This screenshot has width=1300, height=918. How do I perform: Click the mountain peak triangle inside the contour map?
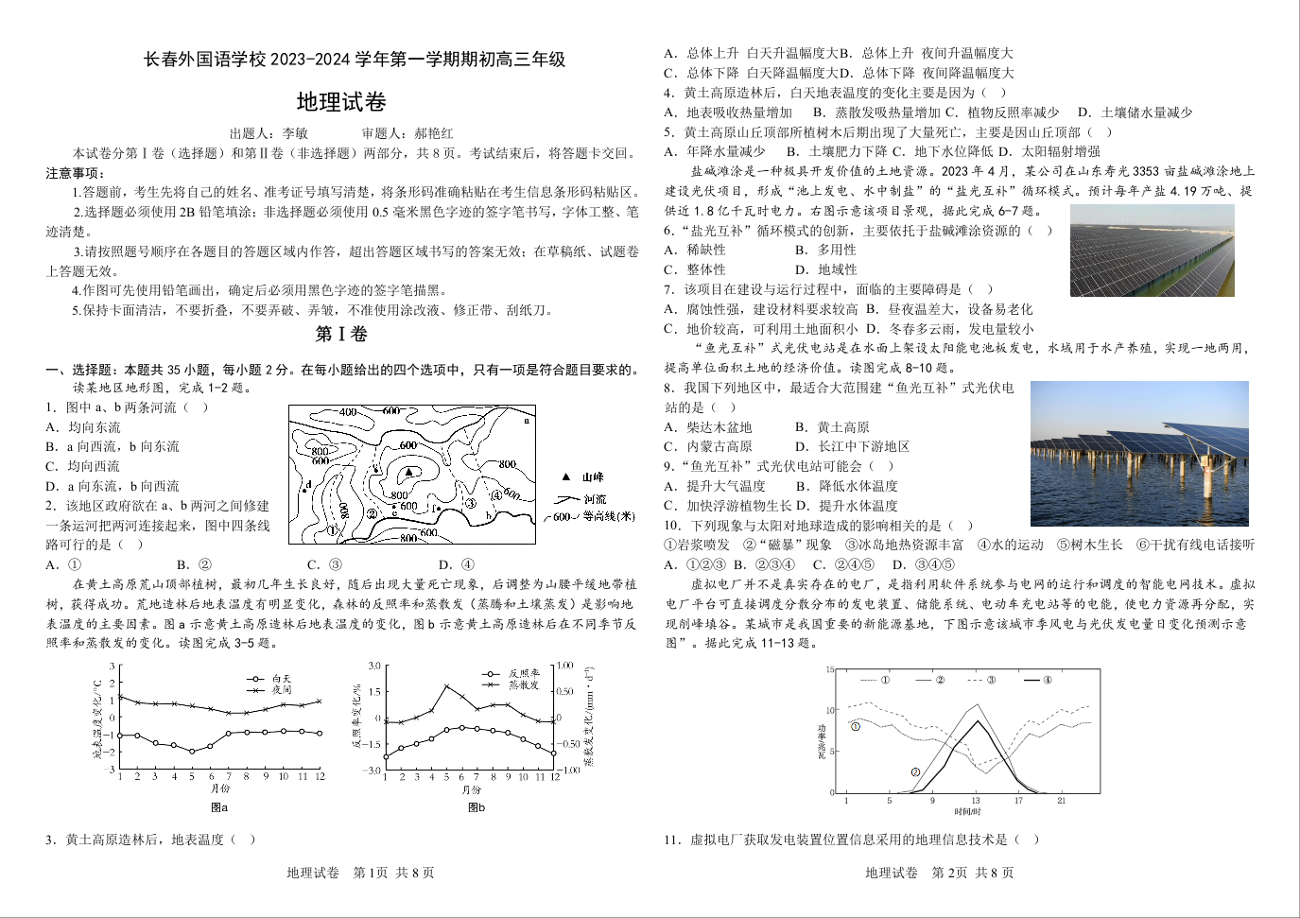409,471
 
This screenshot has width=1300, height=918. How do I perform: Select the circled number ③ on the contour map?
469,503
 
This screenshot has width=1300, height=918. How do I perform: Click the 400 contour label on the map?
347,412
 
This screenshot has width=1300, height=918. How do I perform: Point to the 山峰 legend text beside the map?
593,477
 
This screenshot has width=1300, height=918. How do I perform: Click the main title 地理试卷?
341,102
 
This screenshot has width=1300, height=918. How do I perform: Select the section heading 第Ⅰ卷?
341,334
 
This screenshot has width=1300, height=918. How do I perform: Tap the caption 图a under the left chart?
219,807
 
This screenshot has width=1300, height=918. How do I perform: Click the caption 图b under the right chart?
477,807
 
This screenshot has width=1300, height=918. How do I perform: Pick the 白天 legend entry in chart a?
282,679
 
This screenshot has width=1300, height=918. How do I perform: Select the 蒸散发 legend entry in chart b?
523,684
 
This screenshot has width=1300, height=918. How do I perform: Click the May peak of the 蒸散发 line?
446,686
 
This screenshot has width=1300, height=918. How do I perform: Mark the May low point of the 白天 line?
192,752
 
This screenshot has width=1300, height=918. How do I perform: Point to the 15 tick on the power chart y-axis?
829,670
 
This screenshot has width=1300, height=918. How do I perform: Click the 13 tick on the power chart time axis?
976,801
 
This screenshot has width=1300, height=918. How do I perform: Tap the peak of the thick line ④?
977,721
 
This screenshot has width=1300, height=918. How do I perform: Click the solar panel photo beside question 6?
1152,251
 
